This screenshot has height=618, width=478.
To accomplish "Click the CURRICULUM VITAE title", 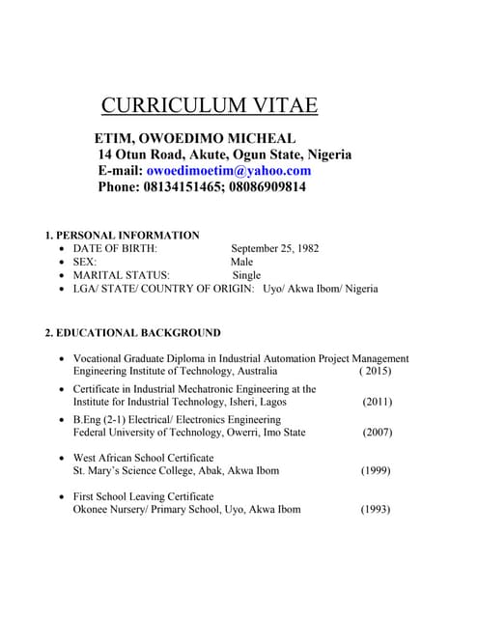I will coord(210,105).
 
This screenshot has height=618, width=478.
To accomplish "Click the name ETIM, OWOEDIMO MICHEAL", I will coord(194,138).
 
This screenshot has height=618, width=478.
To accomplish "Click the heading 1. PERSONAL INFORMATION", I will coord(123,235).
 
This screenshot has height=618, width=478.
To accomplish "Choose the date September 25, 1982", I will coord(274,248).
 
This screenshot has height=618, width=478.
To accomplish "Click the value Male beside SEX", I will coord(241,262).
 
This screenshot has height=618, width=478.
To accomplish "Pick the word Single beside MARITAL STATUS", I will coord(246,275).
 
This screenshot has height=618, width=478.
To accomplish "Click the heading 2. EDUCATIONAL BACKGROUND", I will coord(132,333).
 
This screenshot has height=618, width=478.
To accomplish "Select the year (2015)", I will coord(375,371).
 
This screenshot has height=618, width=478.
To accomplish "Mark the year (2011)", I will coord(377,402).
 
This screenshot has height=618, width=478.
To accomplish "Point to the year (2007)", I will coord(377,433).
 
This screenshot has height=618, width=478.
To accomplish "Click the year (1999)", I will coord(376,471).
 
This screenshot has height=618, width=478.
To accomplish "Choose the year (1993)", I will coord(376,509).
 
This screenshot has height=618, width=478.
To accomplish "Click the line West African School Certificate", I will coord(144,458).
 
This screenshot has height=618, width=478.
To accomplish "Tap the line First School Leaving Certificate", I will coord(143,496).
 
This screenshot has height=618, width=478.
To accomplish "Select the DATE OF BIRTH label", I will coord(115,248).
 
